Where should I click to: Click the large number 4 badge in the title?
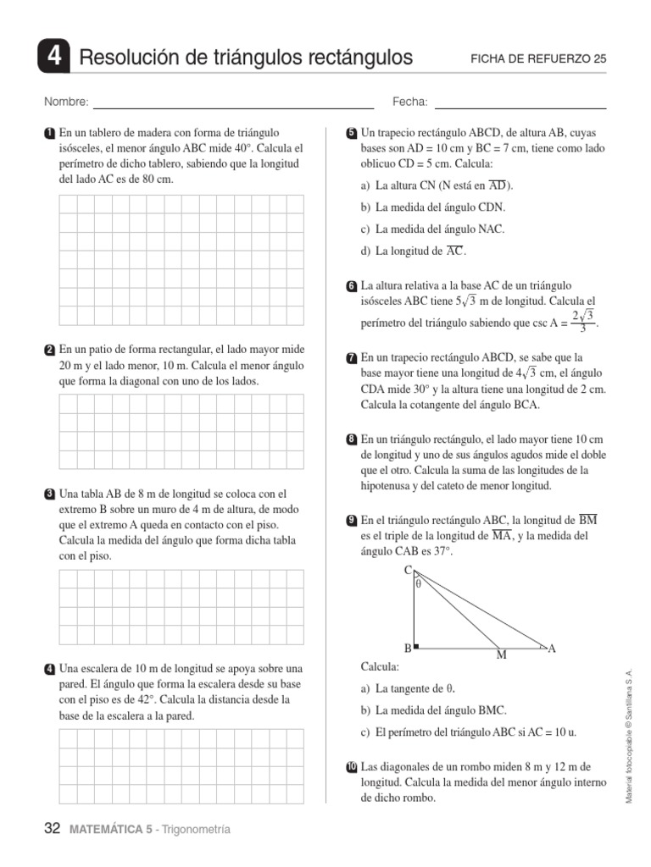click(x=54, y=58)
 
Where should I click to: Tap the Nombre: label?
click(x=66, y=102)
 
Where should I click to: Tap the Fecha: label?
click(x=409, y=102)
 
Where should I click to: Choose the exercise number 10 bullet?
click(x=351, y=768)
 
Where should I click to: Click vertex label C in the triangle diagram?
click(x=408, y=569)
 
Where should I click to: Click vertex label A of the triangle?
click(x=552, y=649)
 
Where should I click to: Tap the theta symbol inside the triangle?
click(x=418, y=583)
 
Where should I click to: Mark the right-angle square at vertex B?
click(x=416, y=646)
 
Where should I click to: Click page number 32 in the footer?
click(x=52, y=830)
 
